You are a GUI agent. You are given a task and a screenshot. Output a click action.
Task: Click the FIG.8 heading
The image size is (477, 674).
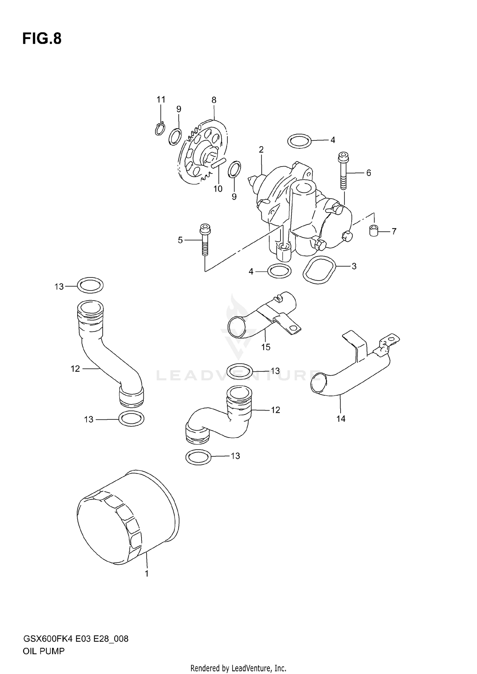click(x=42, y=39)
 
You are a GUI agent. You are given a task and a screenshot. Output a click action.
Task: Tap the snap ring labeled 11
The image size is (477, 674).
click(x=160, y=129)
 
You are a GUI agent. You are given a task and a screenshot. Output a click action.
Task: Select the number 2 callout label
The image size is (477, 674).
click(x=261, y=149)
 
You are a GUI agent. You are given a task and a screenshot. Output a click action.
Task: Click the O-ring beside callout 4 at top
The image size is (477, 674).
click(x=299, y=140)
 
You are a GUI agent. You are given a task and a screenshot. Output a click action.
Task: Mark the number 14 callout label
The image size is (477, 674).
click(x=341, y=419)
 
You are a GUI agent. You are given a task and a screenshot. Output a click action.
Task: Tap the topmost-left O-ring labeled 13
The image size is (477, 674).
click(x=90, y=285)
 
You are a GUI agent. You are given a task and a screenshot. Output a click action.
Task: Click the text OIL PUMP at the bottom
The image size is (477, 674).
click(x=44, y=651)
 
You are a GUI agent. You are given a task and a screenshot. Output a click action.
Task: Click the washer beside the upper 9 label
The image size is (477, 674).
click(x=175, y=137)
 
